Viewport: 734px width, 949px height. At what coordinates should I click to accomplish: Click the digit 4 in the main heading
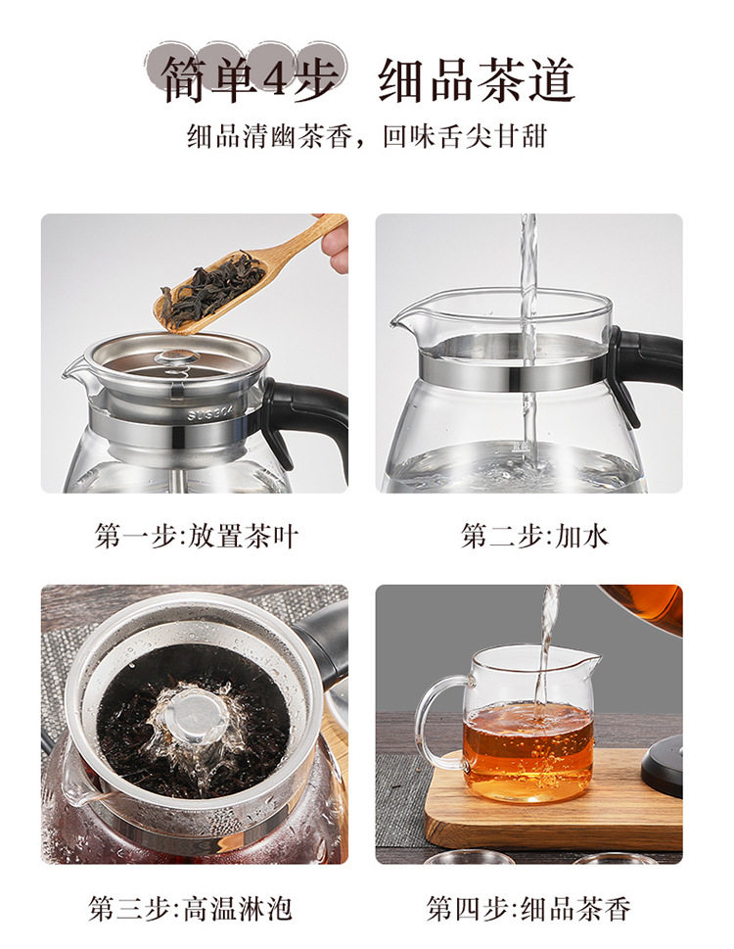275,76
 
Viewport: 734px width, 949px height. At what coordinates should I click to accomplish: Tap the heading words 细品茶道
476,80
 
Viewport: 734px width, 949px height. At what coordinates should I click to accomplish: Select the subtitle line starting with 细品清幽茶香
367,136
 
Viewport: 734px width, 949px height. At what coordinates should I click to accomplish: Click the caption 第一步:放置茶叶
197,536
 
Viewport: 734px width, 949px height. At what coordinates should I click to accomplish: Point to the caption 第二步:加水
534,536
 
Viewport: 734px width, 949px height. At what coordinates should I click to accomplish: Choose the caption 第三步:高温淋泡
191,909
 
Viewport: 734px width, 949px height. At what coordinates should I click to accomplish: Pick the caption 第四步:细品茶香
528,909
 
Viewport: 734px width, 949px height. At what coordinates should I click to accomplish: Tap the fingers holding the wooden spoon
335,242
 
